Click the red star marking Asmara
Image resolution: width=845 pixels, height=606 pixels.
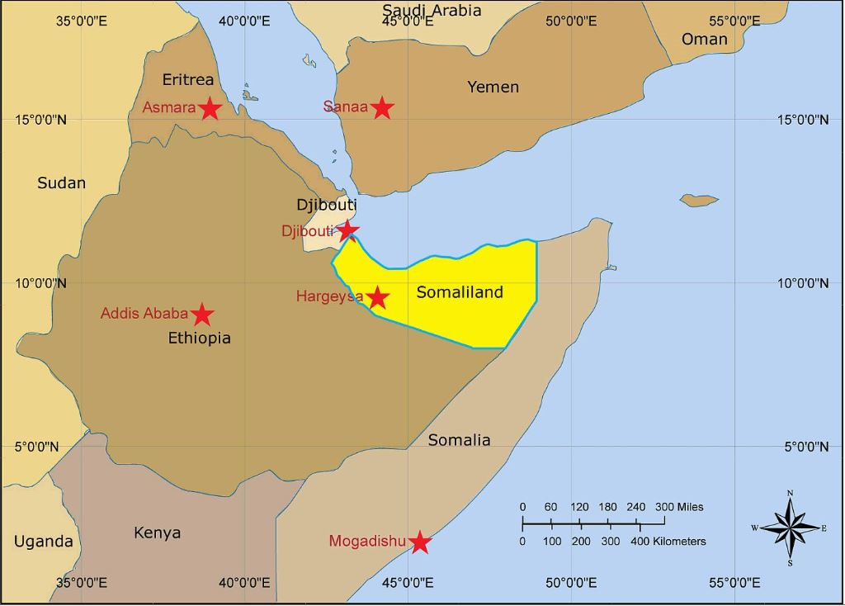pyautogui.click(x=210, y=108)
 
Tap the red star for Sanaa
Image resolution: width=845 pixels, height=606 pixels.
pyautogui.click(x=381, y=107)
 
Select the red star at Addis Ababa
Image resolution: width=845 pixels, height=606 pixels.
pyautogui.click(x=203, y=315)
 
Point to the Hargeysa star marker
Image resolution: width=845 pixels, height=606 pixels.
pyautogui.click(x=377, y=297)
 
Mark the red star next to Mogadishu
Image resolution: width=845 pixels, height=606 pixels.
pyautogui.click(x=420, y=542)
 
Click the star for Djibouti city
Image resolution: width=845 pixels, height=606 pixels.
pyautogui.click(x=348, y=230)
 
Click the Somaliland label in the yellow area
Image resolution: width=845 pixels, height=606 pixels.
pyautogui.click(x=460, y=292)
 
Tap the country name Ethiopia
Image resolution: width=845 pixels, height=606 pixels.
pyautogui.click(x=200, y=338)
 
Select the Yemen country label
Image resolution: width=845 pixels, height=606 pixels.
pyautogui.click(x=493, y=87)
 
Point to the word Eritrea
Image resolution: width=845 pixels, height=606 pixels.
pyautogui.click(x=187, y=79)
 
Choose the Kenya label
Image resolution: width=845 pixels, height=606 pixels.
pyautogui.click(x=157, y=533)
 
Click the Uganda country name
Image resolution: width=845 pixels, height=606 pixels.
pyautogui.click(x=43, y=542)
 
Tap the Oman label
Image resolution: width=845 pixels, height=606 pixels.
pyautogui.click(x=705, y=39)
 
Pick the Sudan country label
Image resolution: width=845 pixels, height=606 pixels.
pyautogui.click(x=61, y=183)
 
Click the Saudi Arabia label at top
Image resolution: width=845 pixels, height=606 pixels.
pyautogui.click(x=432, y=11)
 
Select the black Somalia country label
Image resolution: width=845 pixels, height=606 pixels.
pyautogui.click(x=459, y=440)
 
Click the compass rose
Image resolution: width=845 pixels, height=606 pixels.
pyautogui.click(x=791, y=527)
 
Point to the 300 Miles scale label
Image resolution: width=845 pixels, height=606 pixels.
pyautogui.click(x=679, y=507)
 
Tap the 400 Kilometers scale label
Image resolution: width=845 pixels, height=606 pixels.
pyautogui.click(x=668, y=542)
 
